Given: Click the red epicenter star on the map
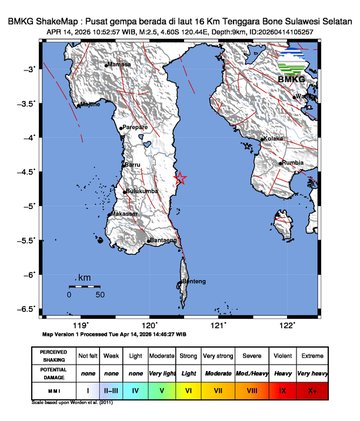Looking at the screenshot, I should coord(181,179).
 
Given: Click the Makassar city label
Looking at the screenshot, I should coord(125,213).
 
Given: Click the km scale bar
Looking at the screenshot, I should coord(85,286).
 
